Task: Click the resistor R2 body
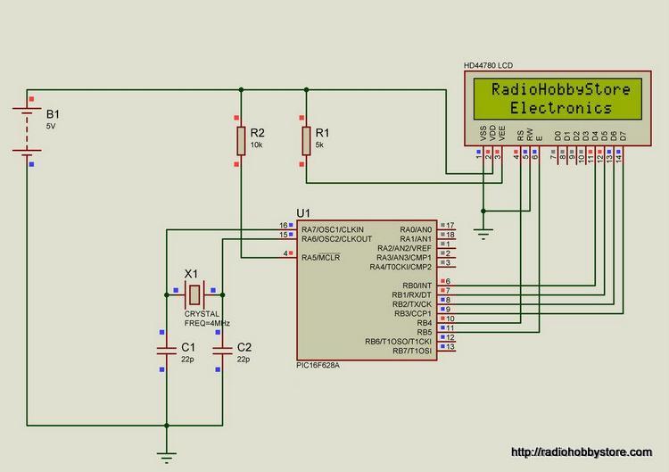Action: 241,141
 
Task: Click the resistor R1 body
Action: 306,141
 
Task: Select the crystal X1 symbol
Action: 194,294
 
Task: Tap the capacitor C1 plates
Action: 167,351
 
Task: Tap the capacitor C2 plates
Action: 222,351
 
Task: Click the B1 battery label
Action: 53,114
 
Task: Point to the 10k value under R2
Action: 256,145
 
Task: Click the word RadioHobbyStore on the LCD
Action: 561,89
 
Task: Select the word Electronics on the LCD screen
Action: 561,108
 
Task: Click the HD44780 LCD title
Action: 488,65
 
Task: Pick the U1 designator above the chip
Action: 303,213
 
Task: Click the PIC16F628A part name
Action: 318,365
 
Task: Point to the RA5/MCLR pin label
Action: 321,257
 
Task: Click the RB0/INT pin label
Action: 417,286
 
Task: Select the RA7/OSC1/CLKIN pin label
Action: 333,229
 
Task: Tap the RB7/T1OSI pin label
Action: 412,351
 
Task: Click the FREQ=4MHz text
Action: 207,324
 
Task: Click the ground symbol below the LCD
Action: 483,234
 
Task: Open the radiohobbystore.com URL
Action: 582,452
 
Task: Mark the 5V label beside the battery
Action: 51,127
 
